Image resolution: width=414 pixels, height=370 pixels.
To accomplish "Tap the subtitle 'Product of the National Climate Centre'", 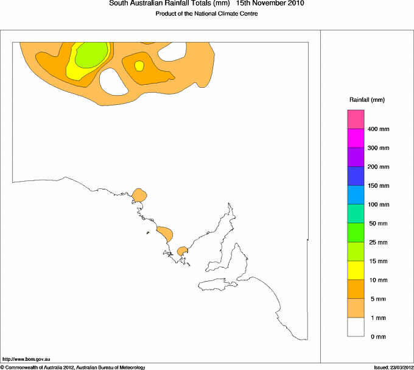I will click(207, 13).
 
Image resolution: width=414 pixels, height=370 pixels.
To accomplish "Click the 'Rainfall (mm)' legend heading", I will click(367, 99).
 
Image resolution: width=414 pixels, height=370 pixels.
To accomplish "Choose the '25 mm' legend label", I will click(379, 243).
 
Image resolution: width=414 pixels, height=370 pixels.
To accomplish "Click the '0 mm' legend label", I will click(377, 336).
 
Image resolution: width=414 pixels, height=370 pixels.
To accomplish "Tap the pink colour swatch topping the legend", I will click(356, 119).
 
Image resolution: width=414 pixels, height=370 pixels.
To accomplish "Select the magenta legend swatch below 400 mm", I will click(356, 138).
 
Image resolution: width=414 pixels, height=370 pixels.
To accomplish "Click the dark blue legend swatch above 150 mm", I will click(356, 176).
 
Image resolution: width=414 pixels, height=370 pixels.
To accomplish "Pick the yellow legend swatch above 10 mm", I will click(356, 270).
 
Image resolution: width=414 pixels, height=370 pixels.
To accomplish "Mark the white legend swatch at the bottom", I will click(356, 327).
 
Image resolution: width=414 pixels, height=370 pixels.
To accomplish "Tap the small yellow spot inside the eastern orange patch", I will click(139, 65).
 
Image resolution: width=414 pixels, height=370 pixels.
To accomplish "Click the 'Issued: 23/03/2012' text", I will click(393, 366).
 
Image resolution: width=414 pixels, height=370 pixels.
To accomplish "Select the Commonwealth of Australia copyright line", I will click(73, 366).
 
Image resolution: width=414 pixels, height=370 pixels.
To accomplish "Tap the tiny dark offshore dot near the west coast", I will click(148, 233).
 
